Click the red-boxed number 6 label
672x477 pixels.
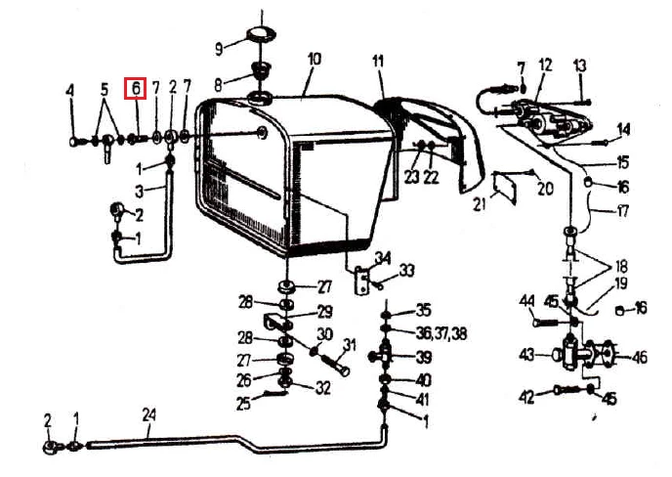pyautogui.click(x=136, y=88)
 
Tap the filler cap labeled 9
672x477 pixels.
pyautogui.click(x=261, y=34)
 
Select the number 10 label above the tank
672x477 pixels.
pyautogui.click(x=315, y=60)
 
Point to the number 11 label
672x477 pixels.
pyautogui.click(x=378, y=62)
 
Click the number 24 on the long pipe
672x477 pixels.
pyautogui.click(x=149, y=415)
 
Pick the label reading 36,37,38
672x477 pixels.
pyautogui.click(x=441, y=333)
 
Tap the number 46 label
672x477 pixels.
pyautogui.click(x=639, y=358)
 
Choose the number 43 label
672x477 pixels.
pyautogui.click(x=527, y=355)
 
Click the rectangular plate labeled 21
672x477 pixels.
pyautogui.click(x=505, y=188)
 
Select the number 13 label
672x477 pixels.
pyautogui.click(x=579, y=66)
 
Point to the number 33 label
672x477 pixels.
pyautogui.click(x=406, y=271)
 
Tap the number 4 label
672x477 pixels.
pyautogui.click(x=70, y=90)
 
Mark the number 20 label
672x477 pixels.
pyautogui.click(x=545, y=189)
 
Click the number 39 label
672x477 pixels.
pyautogui.click(x=423, y=357)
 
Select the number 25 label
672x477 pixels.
pyautogui.click(x=243, y=404)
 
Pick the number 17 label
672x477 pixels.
pyautogui.click(x=622, y=210)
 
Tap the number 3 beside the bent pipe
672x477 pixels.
pyautogui.click(x=139, y=192)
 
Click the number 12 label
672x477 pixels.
pyautogui.click(x=546, y=65)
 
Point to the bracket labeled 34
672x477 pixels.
pyautogui.click(x=362, y=281)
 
